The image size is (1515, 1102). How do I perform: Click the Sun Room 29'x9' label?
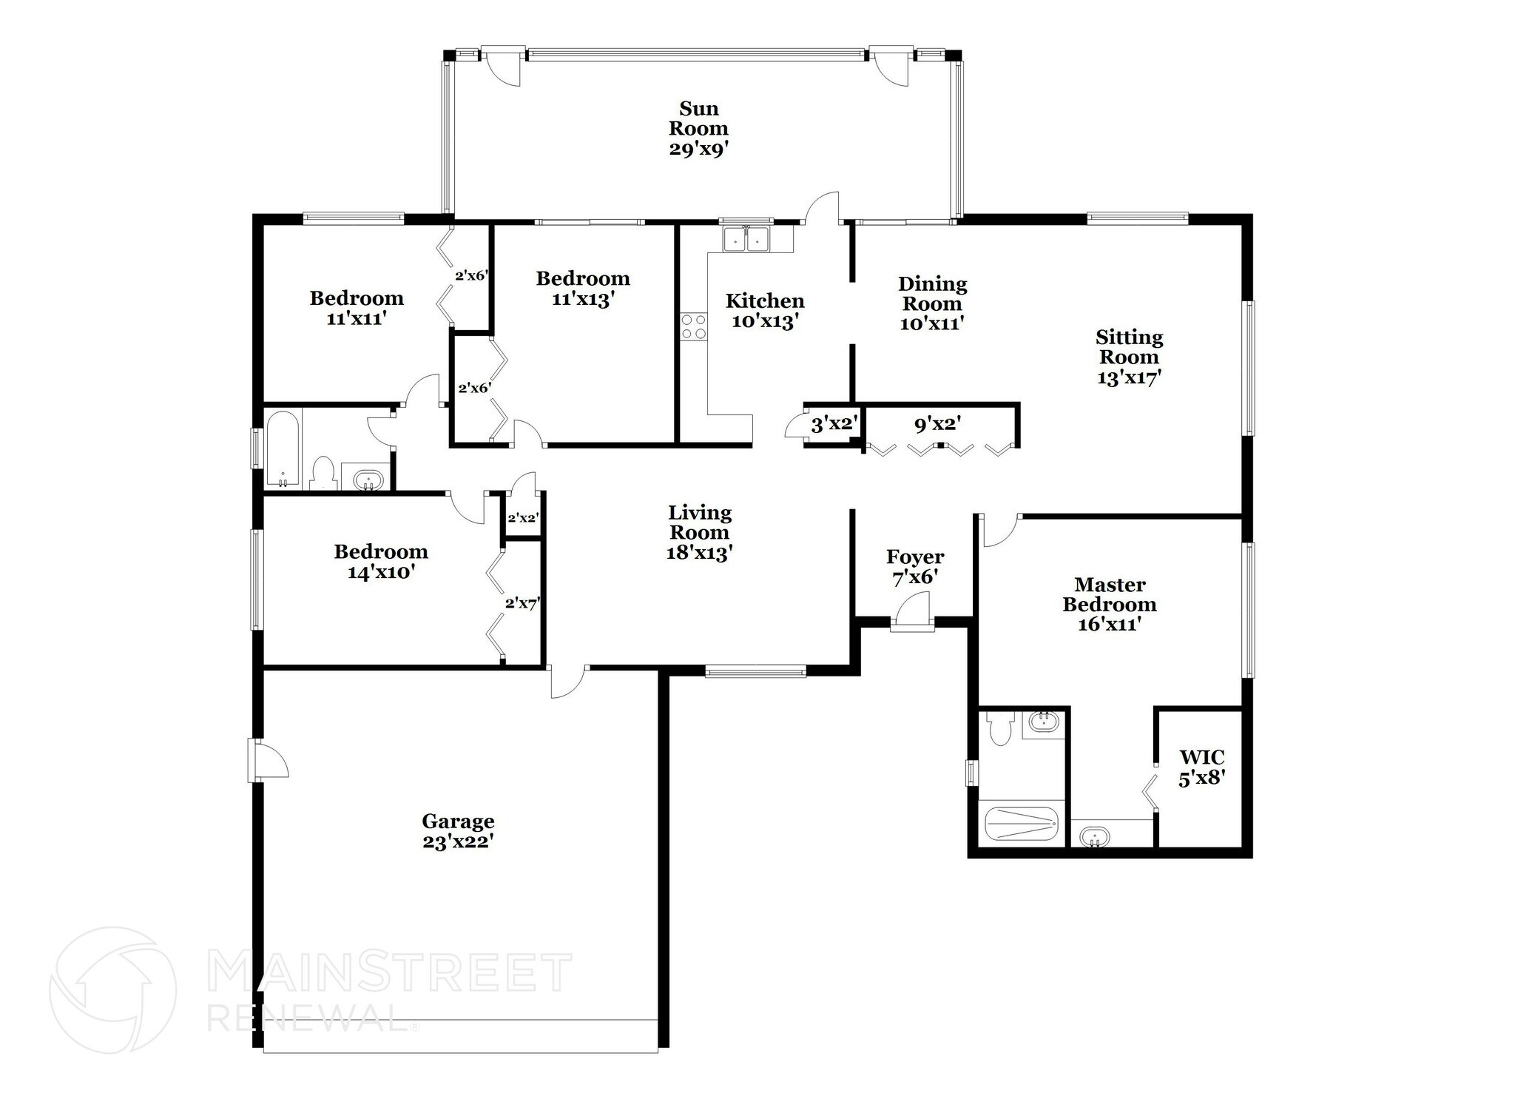pyautogui.click(x=698, y=129)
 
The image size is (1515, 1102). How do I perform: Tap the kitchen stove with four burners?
pyautogui.click(x=694, y=326)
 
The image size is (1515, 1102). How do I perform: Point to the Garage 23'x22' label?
pyautogui.click(x=458, y=831)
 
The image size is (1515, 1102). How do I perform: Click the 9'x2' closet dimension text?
pyautogui.click(x=937, y=425)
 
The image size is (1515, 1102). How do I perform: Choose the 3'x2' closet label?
pyautogui.click(x=834, y=425)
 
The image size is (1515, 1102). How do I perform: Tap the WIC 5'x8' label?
pyautogui.click(x=1201, y=767)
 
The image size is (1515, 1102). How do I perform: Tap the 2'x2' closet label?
pyautogui.click(x=522, y=518)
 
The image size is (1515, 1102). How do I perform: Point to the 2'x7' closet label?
pyautogui.click(x=522, y=603)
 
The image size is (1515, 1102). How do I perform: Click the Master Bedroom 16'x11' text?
pyautogui.click(x=1110, y=604)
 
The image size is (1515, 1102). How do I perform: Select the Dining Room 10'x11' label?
pyautogui.click(x=932, y=303)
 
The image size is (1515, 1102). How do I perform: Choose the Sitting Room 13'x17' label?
pyautogui.click(x=1129, y=357)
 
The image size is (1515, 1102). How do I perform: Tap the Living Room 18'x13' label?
pyautogui.click(x=699, y=532)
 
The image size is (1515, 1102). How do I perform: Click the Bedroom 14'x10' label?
pyautogui.click(x=381, y=561)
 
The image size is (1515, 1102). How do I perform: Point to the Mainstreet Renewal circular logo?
pyautogui.click(x=112, y=990)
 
